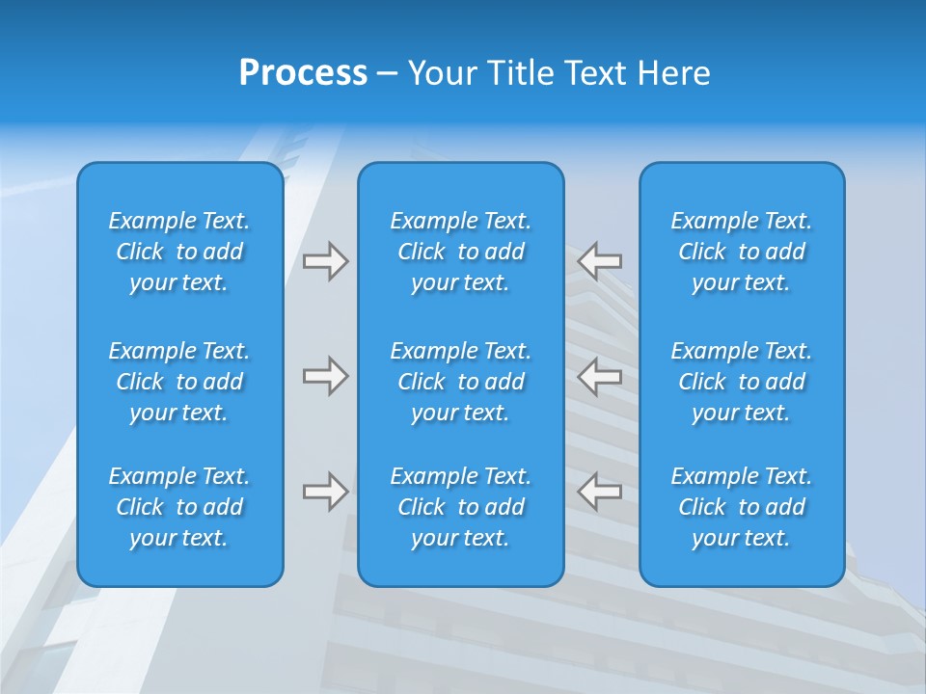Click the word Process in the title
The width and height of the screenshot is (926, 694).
pos(303,73)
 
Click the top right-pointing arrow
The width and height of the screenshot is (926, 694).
pos(325,261)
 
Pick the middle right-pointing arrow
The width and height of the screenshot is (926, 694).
pos(325,376)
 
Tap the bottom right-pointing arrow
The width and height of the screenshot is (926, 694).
pos(325,492)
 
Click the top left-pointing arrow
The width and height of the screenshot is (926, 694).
pos(600,261)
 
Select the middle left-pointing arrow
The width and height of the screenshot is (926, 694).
pos(600,376)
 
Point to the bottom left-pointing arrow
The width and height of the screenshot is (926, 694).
pos(600,492)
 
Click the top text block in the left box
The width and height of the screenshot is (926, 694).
pos(179,252)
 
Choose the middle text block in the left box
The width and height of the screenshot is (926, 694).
pos(179,382)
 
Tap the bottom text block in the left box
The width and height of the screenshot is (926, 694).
pos(179,507)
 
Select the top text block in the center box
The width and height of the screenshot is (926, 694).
pos(461,252)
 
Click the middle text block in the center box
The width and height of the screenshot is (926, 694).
pos(461,382)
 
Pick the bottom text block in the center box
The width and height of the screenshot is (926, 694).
pos(461,507)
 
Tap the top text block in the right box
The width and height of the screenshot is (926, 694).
pos(742,252)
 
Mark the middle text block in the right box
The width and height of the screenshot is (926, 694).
pos(742,382)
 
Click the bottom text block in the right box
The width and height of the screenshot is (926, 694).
pos(742,507)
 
